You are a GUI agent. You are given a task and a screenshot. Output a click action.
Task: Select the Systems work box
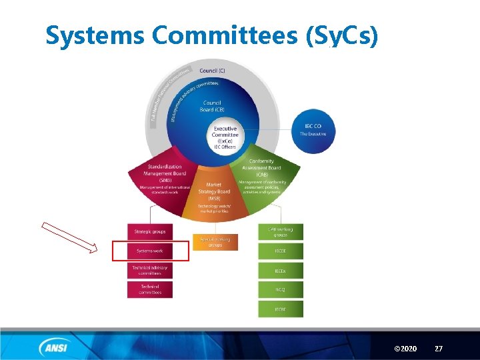(150, 251)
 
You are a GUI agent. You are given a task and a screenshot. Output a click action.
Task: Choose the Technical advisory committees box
(150, 270)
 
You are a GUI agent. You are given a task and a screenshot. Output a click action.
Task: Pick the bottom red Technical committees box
(150, 289)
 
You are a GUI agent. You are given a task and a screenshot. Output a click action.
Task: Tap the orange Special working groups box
(215, 241)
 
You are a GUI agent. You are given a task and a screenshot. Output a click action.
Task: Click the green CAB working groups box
(280, 231)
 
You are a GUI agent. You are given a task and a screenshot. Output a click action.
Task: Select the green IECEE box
(280, 251)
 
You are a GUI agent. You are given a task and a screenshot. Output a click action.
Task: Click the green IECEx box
(280, 270)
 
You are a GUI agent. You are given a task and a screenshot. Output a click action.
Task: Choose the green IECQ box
(280, 289)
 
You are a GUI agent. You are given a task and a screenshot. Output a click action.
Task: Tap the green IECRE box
(280, 309)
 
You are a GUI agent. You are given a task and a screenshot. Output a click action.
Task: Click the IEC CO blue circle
(313, 129)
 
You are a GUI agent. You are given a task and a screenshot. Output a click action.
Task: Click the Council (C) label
(212, 70)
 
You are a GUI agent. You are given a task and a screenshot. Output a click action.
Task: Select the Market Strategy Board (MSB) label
(214, 191)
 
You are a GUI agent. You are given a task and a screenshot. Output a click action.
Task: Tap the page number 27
(438, 349)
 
